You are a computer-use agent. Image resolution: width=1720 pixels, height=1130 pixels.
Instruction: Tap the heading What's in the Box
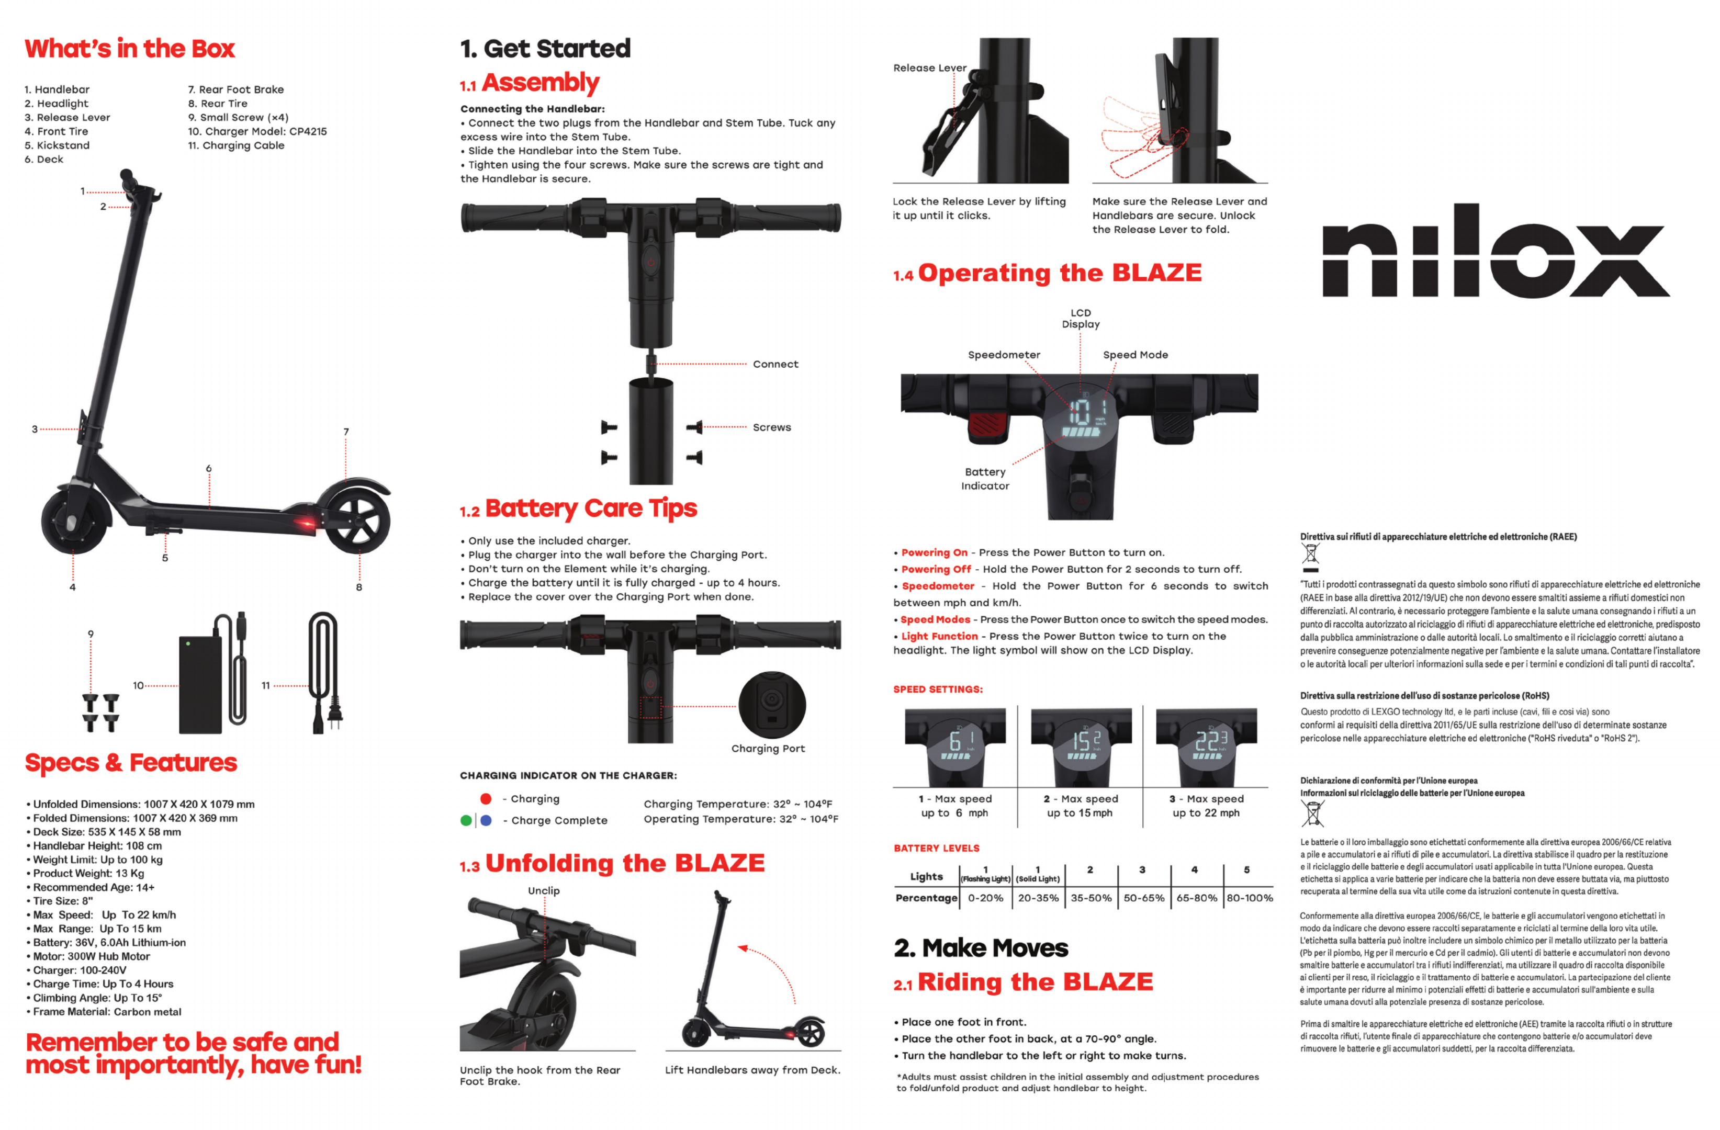(x=130, y=49)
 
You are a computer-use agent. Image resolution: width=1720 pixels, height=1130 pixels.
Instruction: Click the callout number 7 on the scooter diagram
(x=346, y=432)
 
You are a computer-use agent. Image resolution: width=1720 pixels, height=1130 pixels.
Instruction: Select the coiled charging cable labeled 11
(x=324, y=672)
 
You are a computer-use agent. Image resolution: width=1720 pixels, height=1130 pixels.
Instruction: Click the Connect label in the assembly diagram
(x=775, y=364)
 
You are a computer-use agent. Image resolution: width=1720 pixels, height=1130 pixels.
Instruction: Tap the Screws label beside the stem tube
(x=772, y=428)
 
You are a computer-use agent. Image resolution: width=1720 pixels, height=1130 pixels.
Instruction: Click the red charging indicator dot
(x=486, y=798)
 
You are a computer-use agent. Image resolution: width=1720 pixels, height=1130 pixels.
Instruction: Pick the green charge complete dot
(x=466, y=820)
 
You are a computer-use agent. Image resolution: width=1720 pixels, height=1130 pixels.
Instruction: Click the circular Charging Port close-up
(x=772, y=705)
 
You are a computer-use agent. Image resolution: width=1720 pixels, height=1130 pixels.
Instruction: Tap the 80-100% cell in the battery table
(x=1250, y=898)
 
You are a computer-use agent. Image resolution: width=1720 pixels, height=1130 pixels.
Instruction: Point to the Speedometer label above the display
(x=1004, y=355)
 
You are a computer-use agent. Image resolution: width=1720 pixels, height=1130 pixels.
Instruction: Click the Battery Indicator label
(x=985, y=478)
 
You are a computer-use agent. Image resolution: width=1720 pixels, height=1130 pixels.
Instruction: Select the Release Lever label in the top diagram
(x=929, y=68)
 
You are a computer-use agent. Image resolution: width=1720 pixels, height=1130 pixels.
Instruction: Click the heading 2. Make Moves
(x=981, y=948)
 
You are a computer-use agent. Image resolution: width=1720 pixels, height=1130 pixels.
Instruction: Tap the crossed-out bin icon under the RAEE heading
(x=1310, y=556)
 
